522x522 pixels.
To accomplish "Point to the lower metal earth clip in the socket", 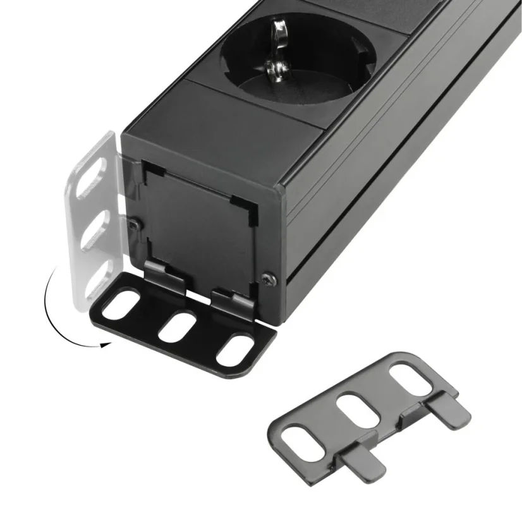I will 277,72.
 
